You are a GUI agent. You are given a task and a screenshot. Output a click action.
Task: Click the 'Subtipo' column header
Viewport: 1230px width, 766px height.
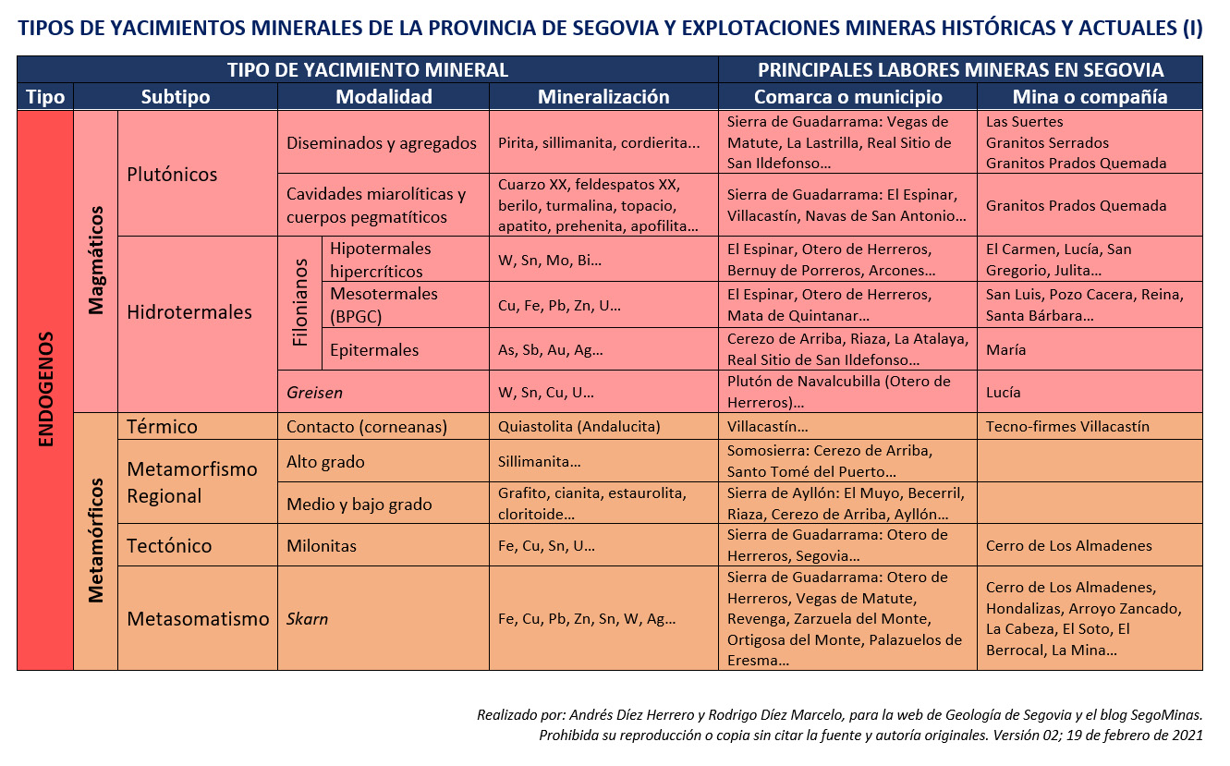pyautogui.click(x=176, y=97)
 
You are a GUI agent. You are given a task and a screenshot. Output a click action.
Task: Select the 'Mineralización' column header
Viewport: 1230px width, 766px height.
pyautogui.click(x=603, y=97)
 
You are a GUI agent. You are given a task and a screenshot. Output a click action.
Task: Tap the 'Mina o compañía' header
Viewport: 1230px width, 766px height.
pyautogui.click(x=1090, y=97)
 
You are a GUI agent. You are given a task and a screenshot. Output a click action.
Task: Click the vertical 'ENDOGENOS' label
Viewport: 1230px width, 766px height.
pyautogui.click(x=46, y=390)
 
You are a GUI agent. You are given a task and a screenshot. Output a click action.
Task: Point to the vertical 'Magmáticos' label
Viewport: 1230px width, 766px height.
pyautogui.click(x=96, y=261)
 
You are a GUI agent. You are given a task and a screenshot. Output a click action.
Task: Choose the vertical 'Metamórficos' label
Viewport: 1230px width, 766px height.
pyautogui.click(x=96, y=541)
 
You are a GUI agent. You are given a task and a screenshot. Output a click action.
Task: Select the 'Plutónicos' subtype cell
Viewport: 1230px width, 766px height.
pyautogui.click(x=172, y=174)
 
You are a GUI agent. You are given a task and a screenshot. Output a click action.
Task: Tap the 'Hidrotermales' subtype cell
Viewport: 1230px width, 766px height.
pyautogui.click(x=189, y=312)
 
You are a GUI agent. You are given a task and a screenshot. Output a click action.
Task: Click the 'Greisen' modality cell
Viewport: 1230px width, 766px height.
pyautogui.click(x=314, y=393)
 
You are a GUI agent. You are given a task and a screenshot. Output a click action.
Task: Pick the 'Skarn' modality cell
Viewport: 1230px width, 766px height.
pyautogui.click(x=308, y=619)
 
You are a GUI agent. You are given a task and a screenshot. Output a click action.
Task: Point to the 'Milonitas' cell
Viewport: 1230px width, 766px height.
pyautogui.click(x=322, y=546)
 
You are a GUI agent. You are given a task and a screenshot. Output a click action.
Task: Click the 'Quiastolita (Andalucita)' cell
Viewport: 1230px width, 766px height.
pyautogui.click(x=579, y=427)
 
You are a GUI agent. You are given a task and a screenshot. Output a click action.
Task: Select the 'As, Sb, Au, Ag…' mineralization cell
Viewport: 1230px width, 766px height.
pyautogui.click(x=551, y=350)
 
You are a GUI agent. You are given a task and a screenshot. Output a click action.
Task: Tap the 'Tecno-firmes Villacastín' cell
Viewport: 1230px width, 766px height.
pyautogui.click(x=1067, y=427)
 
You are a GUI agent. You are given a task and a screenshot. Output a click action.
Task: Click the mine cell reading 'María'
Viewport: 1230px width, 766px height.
pyautogui.click(x=1005, y=350)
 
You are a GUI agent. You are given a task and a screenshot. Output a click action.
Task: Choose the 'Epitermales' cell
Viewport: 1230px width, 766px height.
pyautogui.click(x=374, y=350)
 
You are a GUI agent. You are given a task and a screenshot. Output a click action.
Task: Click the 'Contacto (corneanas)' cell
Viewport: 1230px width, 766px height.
pyautogui.click(x=367, y=427)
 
